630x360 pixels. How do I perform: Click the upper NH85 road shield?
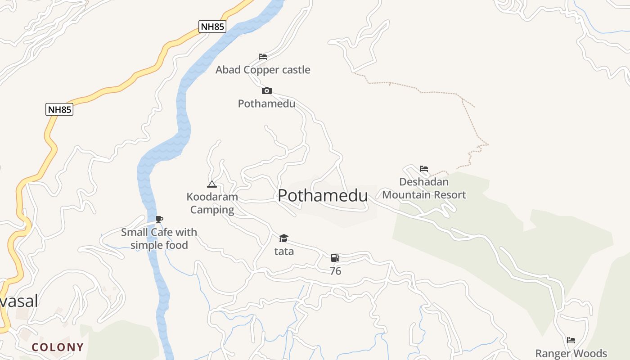212,27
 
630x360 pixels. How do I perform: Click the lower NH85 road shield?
59,109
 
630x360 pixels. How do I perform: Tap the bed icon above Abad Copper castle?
263,57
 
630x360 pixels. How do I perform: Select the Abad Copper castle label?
263,70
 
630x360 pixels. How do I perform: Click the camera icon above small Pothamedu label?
267,91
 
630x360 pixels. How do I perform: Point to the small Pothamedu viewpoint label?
266,103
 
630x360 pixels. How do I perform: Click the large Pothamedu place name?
323,196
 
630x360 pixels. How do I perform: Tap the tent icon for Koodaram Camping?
212,184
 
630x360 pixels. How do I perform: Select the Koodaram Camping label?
212,203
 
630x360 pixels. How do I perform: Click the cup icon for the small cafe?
159,220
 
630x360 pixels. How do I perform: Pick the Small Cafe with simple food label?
159,238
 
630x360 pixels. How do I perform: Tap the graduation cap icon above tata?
283,238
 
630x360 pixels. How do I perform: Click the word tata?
284,251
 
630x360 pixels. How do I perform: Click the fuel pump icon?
335,258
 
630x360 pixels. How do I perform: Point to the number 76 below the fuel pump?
335,271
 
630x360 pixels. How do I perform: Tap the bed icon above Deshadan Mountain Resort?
424,169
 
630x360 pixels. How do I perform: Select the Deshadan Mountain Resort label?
424,188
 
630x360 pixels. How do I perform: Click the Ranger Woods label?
571,353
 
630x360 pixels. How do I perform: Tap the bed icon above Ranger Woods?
571,340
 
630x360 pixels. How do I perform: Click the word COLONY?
58,347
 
